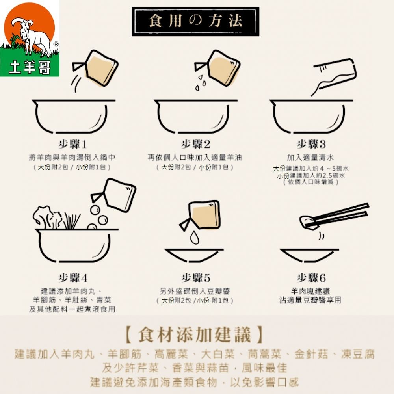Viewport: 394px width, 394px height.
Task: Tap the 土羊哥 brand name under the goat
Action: pos(30,68)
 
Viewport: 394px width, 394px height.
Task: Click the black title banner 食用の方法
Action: pos(195,21)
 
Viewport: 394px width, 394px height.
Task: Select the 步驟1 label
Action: pos(73,144)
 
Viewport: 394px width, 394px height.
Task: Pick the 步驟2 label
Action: pos(196,144)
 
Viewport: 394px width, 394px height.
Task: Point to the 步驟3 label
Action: pos(311,144)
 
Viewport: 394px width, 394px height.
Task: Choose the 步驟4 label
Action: pos(73,278)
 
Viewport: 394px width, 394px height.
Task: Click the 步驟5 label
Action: pos(196,278)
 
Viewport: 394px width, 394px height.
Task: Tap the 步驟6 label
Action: pos(311,278)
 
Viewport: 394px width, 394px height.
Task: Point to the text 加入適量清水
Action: pos(310,158)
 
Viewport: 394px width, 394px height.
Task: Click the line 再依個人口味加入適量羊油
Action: pos(195,158)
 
